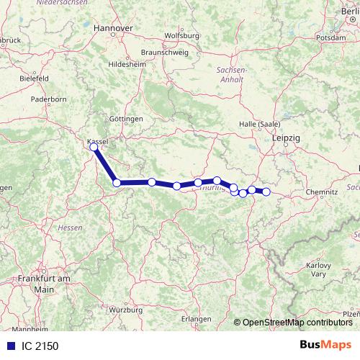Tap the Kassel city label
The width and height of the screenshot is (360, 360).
(x=96, y=141)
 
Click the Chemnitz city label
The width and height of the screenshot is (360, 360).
(x=321, y=193)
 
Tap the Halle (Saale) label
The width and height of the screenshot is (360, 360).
(x=259, y=124)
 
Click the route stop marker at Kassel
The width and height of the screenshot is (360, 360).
(x=94, y=147)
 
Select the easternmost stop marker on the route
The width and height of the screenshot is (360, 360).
(x=266, y=192)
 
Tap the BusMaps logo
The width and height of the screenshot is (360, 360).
(x=325, y=345)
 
